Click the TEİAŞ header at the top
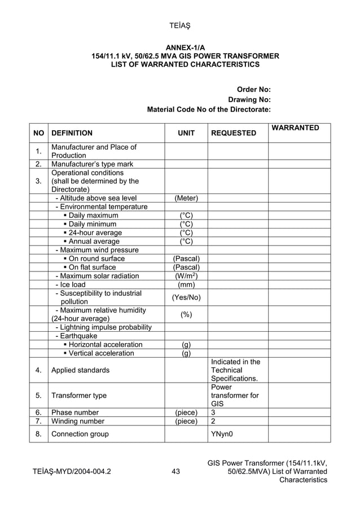(179, 25)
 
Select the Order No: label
(253, 89)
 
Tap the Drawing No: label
(249, 99)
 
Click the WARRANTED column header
(295, 128)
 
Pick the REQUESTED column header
(233, 134)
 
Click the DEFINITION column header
(72, 134)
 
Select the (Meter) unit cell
(186, 198)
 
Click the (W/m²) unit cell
(186, 276)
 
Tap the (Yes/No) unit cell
(186, 297)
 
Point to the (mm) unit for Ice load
(186, 285)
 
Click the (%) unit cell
(186, 314)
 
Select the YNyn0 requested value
(222, 434)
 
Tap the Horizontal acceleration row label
(105, 345)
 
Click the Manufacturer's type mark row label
(93, 164)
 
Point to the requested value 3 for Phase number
(213, 413)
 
